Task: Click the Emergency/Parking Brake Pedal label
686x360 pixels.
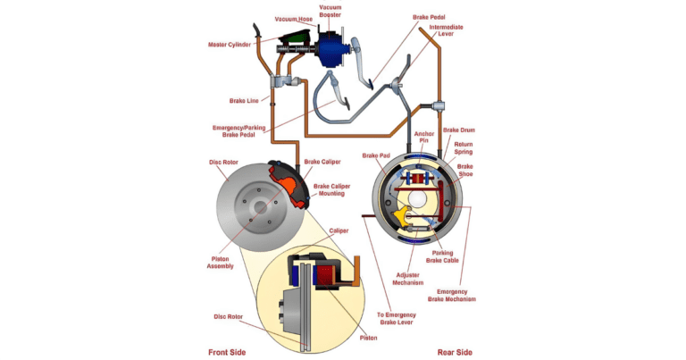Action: [x=240, y=131]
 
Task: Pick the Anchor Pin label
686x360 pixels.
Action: [x=424, y=138]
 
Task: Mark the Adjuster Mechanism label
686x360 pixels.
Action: [x=413, y=278]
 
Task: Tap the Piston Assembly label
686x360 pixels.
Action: [x=232, y=263]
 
